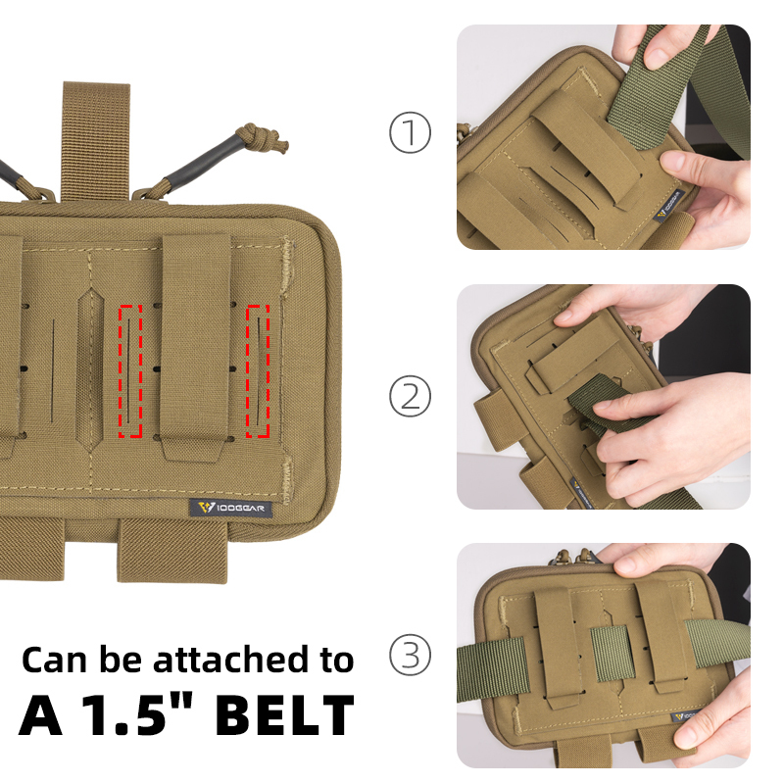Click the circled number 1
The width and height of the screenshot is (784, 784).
tap(410, 134)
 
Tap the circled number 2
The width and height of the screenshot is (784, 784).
tap(410, 397)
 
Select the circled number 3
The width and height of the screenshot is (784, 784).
tap(410, 655)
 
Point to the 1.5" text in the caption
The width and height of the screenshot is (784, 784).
tap(135, 715)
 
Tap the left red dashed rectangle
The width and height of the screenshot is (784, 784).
tap(130, 370)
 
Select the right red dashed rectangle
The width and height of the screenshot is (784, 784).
tap(259, 370)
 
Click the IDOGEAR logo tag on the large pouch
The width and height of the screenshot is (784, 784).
tap(231, 508)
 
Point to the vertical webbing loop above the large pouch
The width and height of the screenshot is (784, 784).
tap(95, 137)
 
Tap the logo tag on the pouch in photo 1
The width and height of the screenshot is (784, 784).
tap(669, 207)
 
